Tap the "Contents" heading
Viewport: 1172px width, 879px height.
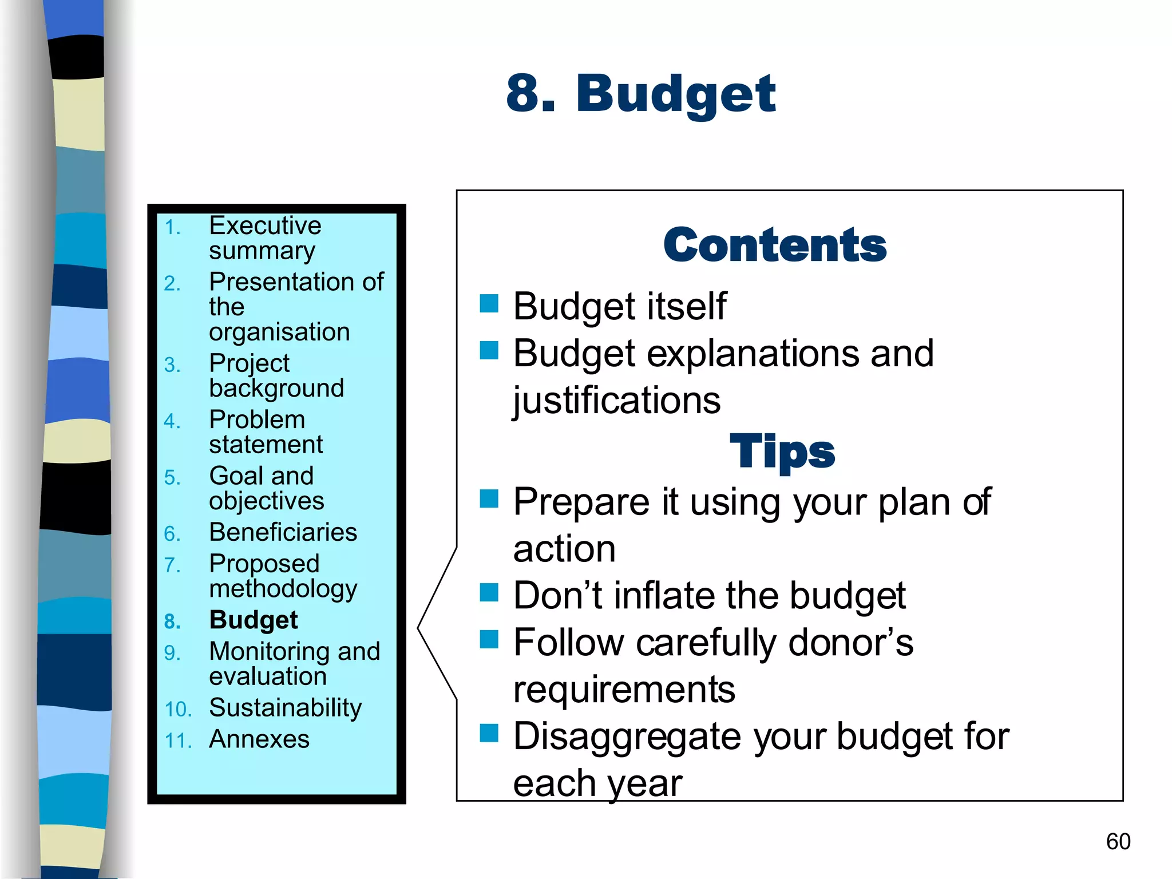775,245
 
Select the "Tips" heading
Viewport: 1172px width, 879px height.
782,452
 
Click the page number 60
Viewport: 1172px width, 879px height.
1118,841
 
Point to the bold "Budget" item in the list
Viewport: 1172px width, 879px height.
254,620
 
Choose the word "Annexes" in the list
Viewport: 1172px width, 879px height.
259,739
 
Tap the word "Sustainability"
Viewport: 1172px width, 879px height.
286,708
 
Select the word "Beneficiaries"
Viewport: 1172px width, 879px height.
283,532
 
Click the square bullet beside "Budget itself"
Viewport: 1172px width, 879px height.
489,303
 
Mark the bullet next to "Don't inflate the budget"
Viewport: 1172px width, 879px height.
489,593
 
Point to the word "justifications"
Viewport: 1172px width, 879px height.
616,400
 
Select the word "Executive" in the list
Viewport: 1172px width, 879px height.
265,225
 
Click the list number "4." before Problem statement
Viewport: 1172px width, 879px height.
172,421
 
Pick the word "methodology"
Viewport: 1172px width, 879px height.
283,589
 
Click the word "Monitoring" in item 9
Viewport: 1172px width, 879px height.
269,651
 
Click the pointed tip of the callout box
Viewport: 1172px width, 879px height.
419,628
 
